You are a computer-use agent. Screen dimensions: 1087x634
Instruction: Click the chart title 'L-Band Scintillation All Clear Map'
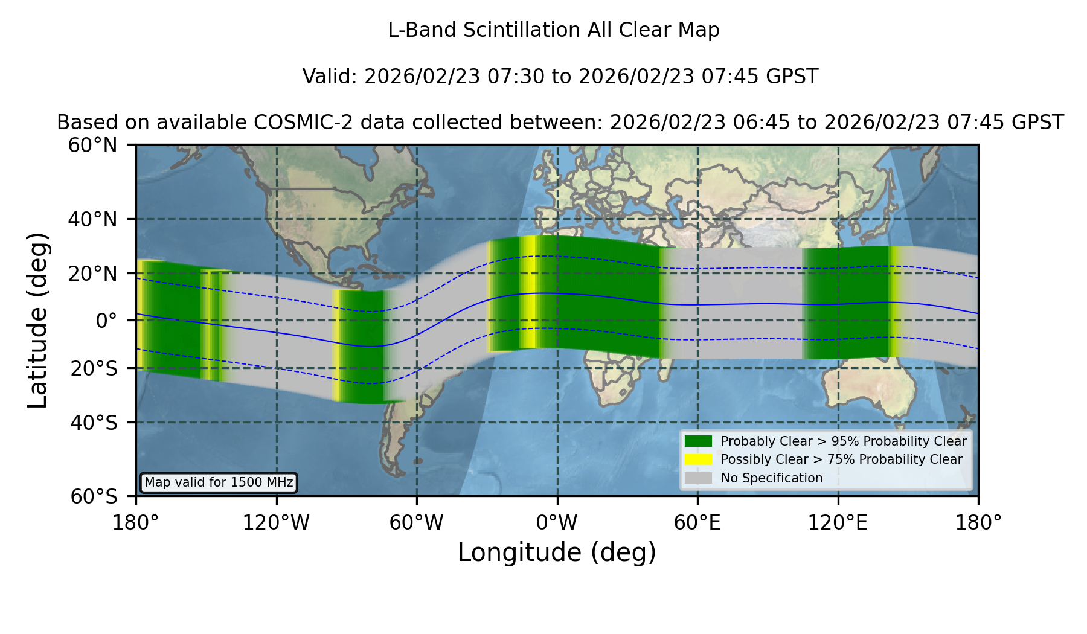(554, 30)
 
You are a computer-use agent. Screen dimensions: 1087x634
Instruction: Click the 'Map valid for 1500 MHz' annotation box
(219, 482)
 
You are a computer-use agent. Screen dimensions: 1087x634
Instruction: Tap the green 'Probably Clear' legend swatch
(699, 441)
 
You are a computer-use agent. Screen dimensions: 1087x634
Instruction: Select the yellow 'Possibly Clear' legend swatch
(699, 459)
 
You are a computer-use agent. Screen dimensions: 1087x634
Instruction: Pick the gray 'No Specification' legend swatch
(699, 478)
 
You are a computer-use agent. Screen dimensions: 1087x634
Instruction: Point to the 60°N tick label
(92, 146)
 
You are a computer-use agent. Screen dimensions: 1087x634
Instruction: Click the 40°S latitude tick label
(94, 423)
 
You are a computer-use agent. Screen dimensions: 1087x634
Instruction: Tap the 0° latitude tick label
(106, 321)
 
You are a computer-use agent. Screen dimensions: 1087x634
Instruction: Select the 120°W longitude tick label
(276, 523)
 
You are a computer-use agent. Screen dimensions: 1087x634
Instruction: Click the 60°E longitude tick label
(697, 523)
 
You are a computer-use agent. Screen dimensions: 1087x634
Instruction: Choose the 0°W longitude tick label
(557, 523)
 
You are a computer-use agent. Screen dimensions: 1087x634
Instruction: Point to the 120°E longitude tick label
(838, 523)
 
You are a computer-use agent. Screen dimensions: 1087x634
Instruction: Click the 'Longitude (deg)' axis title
(557, 552)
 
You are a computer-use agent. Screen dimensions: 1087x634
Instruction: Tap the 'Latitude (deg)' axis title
(37, 320)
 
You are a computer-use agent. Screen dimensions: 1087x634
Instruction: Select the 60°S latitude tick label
(94, 496)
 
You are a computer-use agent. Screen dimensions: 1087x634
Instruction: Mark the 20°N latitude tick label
(92, 274)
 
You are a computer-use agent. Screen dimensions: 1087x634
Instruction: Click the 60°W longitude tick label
(416, 523)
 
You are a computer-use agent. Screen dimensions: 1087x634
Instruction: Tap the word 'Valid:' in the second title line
(330, 77)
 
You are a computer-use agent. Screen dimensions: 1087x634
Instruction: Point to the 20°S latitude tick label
(94, 368)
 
